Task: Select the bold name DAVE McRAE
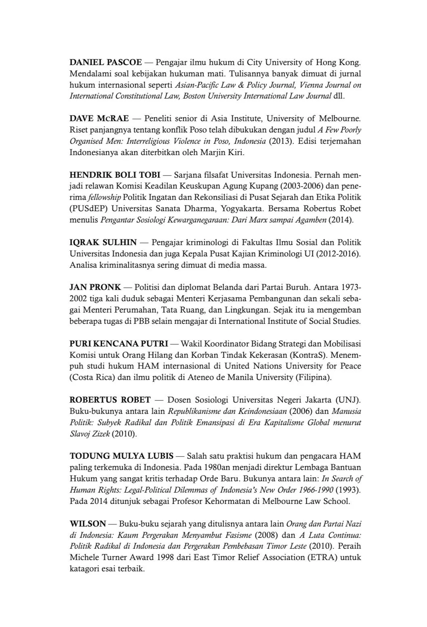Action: (x=99, y=119)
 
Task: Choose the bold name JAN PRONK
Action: (x=95, y=287)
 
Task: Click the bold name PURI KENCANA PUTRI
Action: (x=119, y=344)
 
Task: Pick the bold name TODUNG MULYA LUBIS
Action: (x=121, y=456)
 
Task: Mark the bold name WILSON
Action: (x=88, y=524)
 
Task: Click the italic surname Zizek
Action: (x=99, y=434)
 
